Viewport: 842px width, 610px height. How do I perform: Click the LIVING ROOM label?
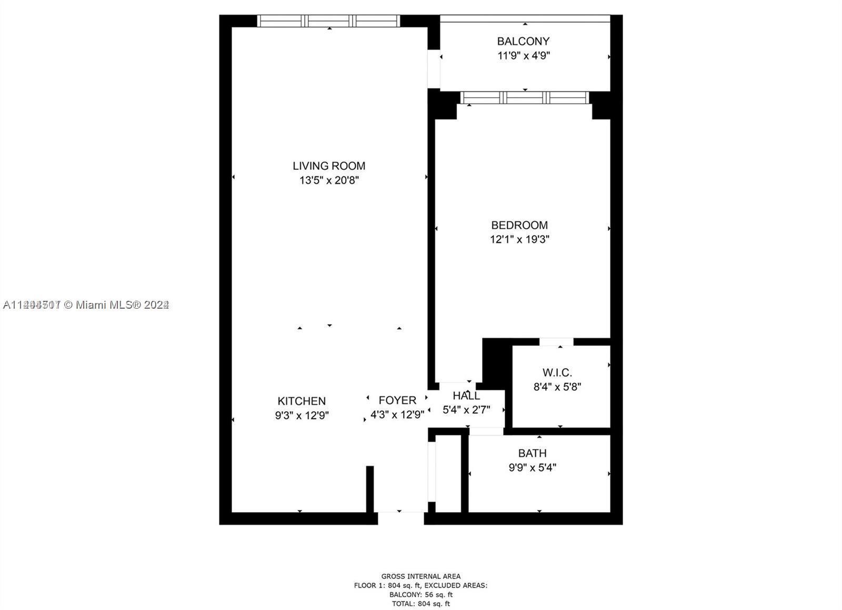point(329,166)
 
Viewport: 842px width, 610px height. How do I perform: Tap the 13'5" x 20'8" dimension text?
point(329,180)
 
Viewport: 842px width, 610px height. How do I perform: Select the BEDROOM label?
point(519,225)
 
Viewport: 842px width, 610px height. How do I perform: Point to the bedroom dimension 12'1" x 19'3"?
point(519,239)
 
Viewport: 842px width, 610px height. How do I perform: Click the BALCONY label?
point(523,41)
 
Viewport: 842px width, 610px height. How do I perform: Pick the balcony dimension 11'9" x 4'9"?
point(524,55)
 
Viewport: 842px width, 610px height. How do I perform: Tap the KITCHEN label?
point(302,401)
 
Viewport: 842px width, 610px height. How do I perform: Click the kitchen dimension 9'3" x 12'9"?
point(302,415)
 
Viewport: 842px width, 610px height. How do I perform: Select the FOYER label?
point(397,400)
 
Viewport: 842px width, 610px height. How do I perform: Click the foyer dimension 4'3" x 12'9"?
point(397,414)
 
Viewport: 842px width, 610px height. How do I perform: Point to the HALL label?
point(466,395)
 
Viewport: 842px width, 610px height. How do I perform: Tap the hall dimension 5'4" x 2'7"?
point(466,409)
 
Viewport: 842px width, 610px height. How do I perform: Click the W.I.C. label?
point(557,373)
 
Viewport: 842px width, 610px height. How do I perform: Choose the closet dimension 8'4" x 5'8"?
point(557,387)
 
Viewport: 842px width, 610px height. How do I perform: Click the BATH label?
point(532,453)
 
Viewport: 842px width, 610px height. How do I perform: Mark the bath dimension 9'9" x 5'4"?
point(532,467)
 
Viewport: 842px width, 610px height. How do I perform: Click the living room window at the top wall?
point(328,21)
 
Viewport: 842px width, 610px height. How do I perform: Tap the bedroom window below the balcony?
point(525,98)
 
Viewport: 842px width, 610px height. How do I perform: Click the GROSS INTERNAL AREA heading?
point(420,576)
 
